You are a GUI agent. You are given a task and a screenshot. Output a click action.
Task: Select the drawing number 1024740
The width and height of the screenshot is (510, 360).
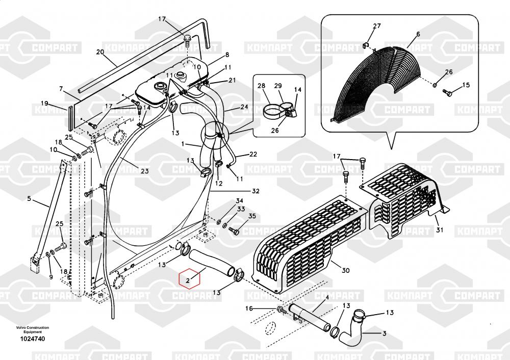(x=33, y=339)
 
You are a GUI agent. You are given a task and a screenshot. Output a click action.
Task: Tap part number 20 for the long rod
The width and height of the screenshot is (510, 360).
(x=100, y=52)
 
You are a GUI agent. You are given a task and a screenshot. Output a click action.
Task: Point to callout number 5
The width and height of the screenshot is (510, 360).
(x=29, y=198)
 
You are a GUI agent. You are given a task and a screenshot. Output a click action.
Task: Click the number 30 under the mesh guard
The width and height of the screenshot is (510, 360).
(x=345, y=270)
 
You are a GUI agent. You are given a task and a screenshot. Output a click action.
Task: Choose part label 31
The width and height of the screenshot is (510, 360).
(x=440, y=230)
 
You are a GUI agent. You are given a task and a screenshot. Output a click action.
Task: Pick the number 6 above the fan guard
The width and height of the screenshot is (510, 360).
(x=418, y=34)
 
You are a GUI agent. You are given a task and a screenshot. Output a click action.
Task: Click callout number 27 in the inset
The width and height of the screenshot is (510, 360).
(x=377, y=26)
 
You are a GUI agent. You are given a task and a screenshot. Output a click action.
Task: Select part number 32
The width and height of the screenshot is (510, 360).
(x=256, y=192)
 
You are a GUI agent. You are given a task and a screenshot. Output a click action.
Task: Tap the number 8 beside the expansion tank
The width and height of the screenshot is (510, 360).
(x=226, y=55)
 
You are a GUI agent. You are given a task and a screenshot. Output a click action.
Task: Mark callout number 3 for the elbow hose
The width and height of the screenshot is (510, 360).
(x=384, y=333)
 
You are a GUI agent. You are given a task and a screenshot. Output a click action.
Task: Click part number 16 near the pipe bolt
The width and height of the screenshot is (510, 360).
(x=249, y=308)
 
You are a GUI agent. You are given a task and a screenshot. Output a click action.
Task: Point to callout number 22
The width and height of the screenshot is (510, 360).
(x=253, y=155)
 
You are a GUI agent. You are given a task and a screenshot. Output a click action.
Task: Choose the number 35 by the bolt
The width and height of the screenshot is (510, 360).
(x=251, y=216)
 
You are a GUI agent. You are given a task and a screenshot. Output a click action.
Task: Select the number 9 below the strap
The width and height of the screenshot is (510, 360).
(x=50, y=277)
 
